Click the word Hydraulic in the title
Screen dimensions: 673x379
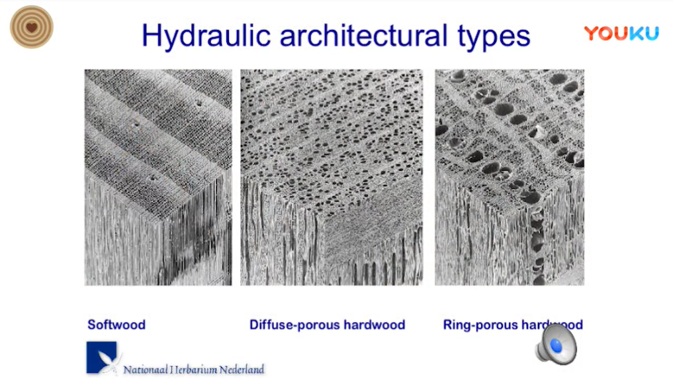[x=206, y=36]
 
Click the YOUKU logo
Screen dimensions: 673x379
[x=621, y=33]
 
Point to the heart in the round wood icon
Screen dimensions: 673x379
[x=31, y=28]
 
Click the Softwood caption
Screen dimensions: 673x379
[x=116, y=325]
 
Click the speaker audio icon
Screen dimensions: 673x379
[x=557, y=345]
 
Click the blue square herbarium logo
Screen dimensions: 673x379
[x=101, y=357]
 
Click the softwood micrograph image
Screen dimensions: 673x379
[x=158, y=178]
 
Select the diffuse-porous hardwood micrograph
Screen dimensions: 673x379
[x=332, y=178]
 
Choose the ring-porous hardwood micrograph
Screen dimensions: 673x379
[x=510, y=178]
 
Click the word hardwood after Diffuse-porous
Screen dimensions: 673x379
[x=375, y=325]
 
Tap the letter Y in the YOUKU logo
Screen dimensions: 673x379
[x=591, y=33]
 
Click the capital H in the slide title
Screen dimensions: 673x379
[x=152, y=35]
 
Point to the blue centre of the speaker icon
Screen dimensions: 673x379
[x=556, y=346]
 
